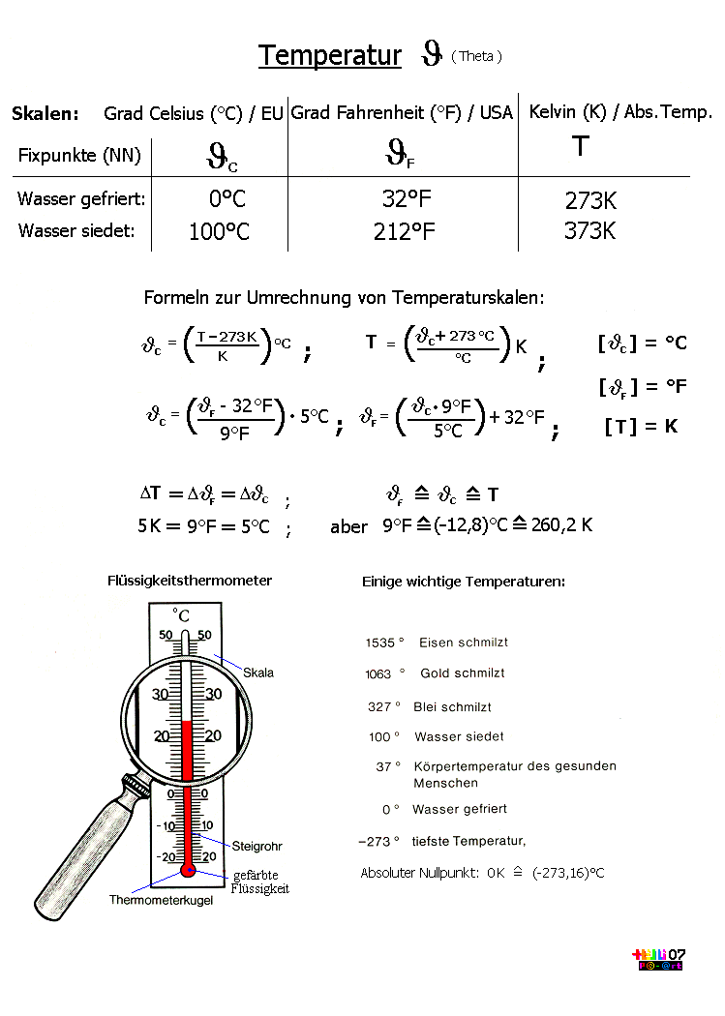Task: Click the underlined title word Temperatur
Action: pyautogui.click(x=330, y=56)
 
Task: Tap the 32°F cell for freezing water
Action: pyautogui.click(x=407, y=198)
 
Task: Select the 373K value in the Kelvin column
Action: pyautogui.click(x=589, y=230)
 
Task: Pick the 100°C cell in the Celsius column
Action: pyautogui.click(x=219, y=231)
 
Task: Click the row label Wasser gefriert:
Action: pyautogui.click(x=81, y=199)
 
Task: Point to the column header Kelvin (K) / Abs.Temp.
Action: pyautogui.click(x=620, y=112)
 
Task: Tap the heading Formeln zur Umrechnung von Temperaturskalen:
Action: pyautogui.click(x=344, y=297)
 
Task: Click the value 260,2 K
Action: pyautogui.click(x=561, y=524)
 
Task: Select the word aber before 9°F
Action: pyautogui.click(x=348, y=526)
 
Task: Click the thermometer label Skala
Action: pyautogui.click(x=257, y=672)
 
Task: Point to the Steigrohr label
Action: pyautogui.click(x=257, y=847)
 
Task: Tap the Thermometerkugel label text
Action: pyautogui.click(x=161, y=900)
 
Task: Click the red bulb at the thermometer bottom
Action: pyautogui.click(x=188, y=870)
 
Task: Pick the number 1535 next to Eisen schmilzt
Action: pyautogui.click(x=379, y=642)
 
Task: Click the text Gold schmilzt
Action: pyautogui.click(x=463, y=673)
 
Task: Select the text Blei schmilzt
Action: pyautogui.click(x=452, y=707)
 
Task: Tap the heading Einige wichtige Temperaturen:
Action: pyautogui.click(x=464, y=582)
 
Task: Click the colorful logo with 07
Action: pyautogui.click(x=658, y=959)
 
